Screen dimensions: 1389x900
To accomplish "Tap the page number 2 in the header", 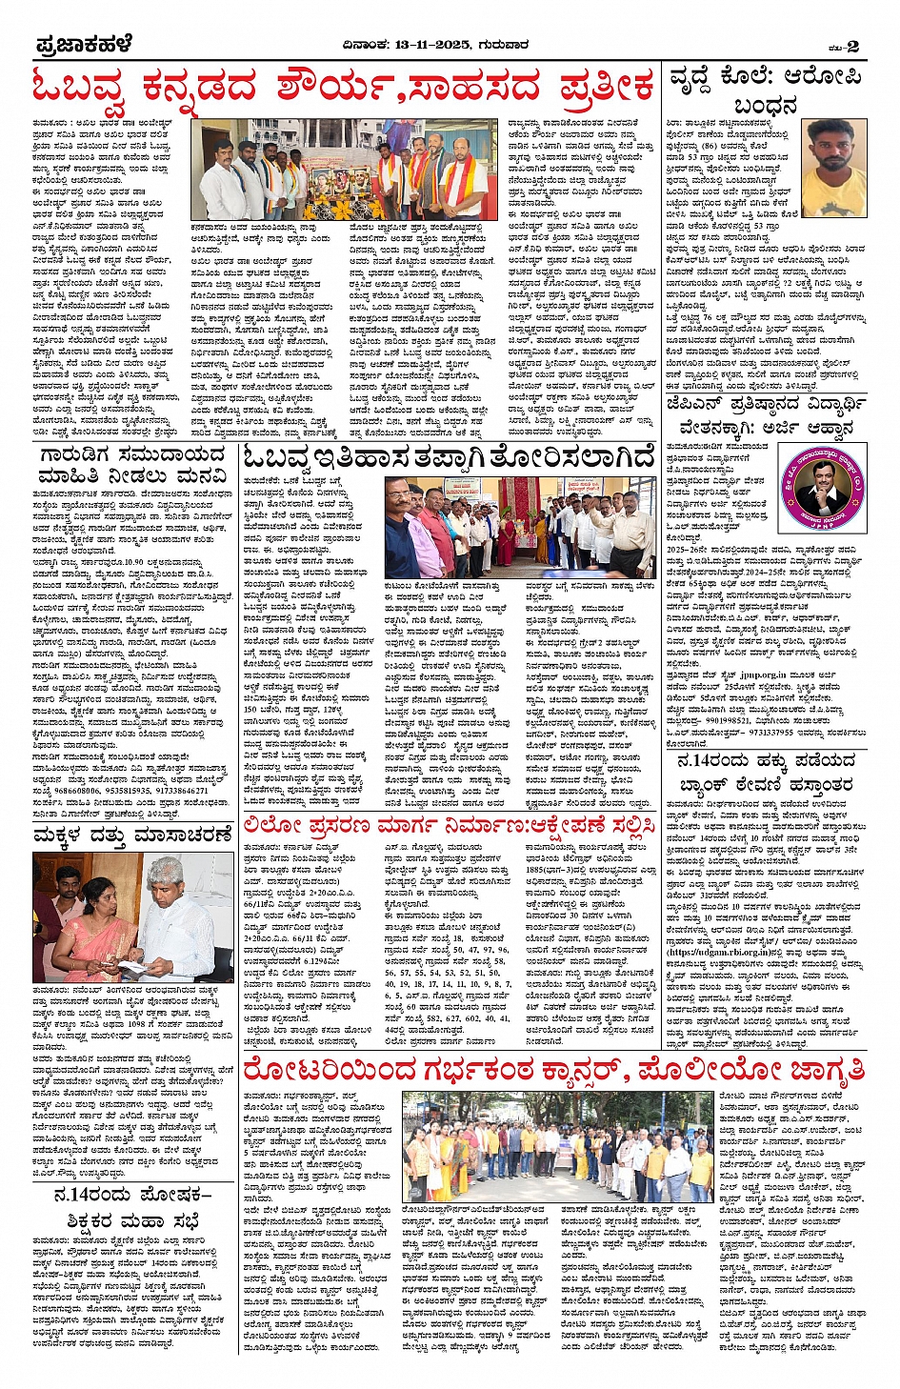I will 851,46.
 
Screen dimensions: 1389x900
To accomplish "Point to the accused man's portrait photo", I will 834,154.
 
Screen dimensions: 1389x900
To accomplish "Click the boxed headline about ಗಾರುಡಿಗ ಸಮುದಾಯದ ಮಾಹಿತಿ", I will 133,466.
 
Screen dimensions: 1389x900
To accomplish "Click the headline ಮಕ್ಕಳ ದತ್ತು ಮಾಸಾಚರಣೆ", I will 132,835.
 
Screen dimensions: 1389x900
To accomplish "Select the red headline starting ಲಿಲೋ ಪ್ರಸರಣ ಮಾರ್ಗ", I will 449,825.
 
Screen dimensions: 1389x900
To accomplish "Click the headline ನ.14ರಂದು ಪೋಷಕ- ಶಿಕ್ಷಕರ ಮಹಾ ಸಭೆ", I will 132,1208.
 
